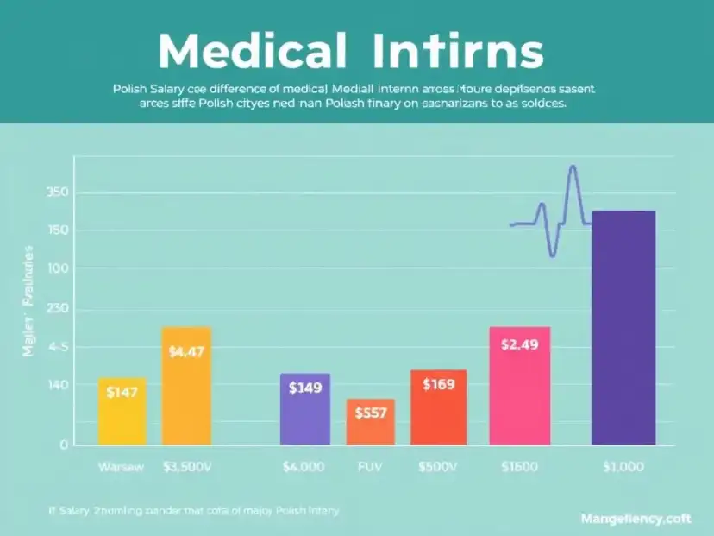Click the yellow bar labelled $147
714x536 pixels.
[122, 411]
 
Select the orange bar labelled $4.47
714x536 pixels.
[186, 386]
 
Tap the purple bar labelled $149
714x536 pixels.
[305, 409]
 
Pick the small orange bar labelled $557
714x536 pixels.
[371, 422]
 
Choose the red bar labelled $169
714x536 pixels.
[438, 407]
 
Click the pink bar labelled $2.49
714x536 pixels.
[519, 386]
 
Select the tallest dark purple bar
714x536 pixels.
[623, 328]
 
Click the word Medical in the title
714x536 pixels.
[252, 54]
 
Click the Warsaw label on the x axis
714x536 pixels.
[120, 467]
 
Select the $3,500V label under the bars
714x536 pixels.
[186, 467]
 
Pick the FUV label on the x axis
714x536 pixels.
[370, 467]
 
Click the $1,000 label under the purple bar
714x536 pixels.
[623, 467]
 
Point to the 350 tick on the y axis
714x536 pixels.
[59, 192]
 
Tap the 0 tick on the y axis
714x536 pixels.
[63, 445]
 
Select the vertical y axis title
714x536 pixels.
[28, 302]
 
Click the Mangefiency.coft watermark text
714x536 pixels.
[636, 519]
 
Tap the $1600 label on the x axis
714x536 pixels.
[519, 467]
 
